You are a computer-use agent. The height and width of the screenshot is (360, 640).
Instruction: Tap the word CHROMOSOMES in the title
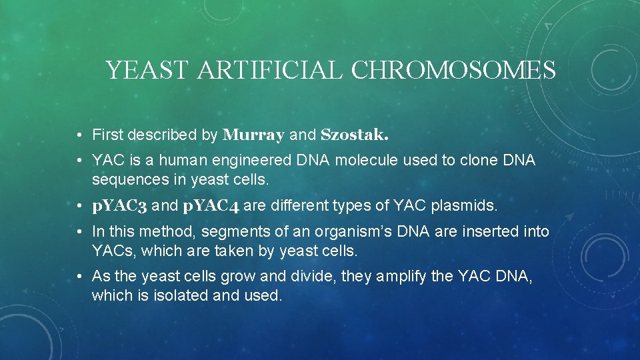pos(453,70)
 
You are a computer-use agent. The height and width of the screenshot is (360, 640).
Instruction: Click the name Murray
pos(254,135)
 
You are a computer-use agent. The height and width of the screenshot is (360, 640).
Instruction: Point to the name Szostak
pos(355,135)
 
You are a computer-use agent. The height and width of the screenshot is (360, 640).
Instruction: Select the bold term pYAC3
pos(120,206)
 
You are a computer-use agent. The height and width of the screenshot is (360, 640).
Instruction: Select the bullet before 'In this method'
pos(79,233)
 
